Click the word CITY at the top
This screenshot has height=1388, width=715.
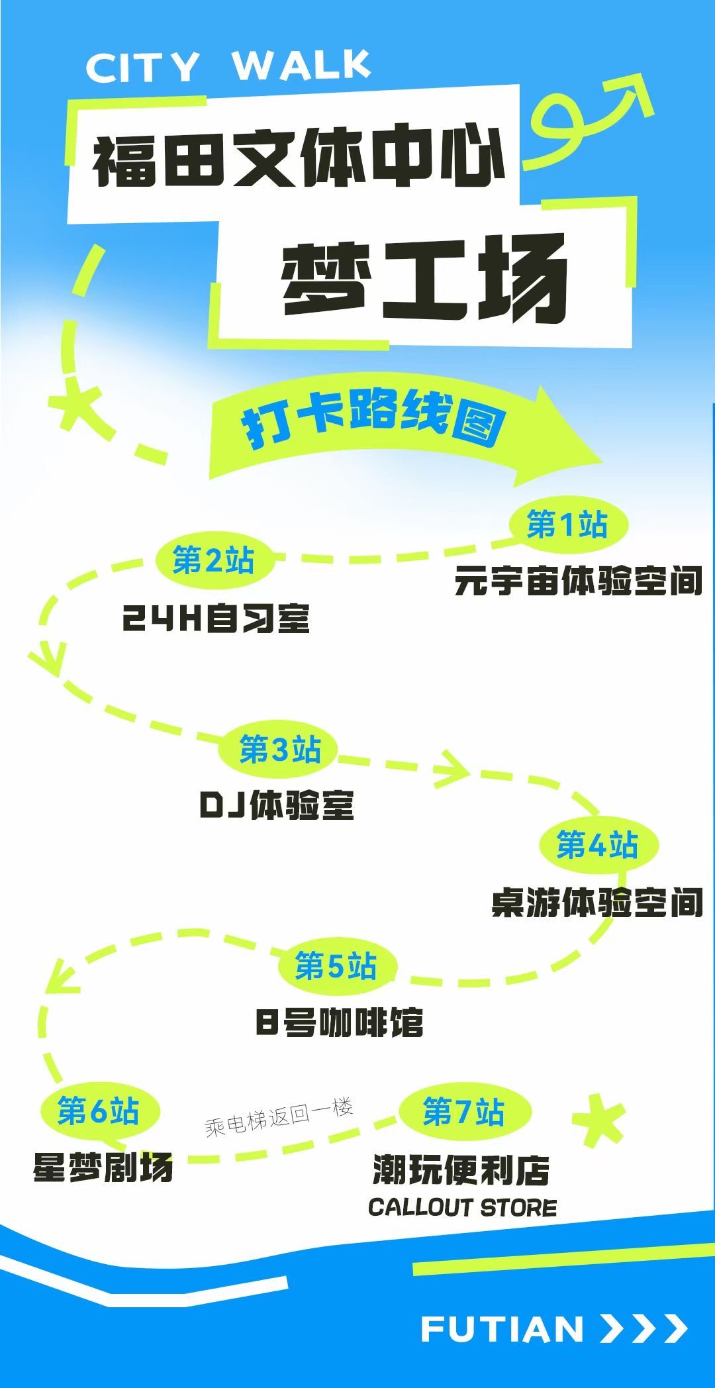tap(142, 67)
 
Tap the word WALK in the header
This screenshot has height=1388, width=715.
tap(301, 64)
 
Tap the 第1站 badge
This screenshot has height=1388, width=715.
tap(568, 524)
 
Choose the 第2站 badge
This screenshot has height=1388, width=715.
tap(214, 561)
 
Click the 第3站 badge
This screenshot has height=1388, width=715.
tap(280, 750)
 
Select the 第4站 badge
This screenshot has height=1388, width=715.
tap(598, 845)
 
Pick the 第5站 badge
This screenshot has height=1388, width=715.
tap(336, 966)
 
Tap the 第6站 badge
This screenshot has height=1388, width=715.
tap(99, 1111)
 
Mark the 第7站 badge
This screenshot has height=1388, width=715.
tap(464, 1111)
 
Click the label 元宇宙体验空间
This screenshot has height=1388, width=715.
tap(579, 581)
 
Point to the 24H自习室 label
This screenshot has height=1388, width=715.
tap(216, 619)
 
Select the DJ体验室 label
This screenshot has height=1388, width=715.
tap(277, 805)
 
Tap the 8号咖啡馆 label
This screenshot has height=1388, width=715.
tap(340, 1022)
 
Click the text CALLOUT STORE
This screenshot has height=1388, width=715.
tap(462, 1207)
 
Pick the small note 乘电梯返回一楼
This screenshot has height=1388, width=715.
tap(279, 1116)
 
